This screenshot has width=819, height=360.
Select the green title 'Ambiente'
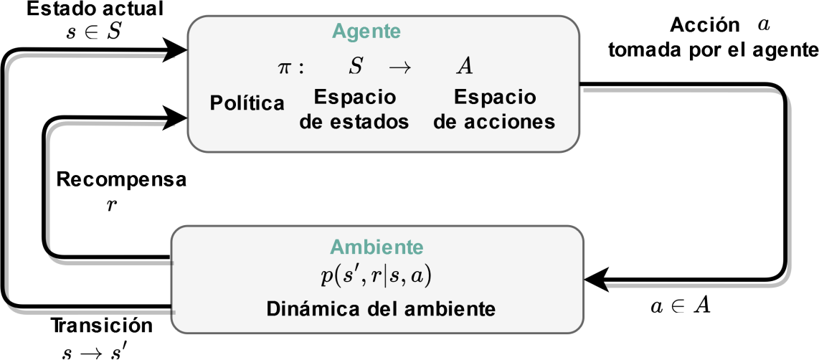(377, 247)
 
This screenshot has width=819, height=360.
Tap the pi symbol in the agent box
(285, 67)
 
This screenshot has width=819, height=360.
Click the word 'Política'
(247, 103)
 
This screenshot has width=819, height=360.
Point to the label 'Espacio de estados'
(354, 109)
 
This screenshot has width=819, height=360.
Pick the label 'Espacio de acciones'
(495, 109)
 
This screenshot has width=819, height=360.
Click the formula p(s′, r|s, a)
(377, 275)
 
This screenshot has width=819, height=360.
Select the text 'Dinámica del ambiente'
(381, 310)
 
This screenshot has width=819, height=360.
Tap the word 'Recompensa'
(121, 180)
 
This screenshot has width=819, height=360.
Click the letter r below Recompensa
(111, 205)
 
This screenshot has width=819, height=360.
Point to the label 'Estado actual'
(85, 10)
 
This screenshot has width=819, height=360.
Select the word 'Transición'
(102, 326)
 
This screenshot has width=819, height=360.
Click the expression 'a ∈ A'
(680, 306)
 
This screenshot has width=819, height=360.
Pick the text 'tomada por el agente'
(712, 50)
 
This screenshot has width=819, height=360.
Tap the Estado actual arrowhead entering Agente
(176, 50)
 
